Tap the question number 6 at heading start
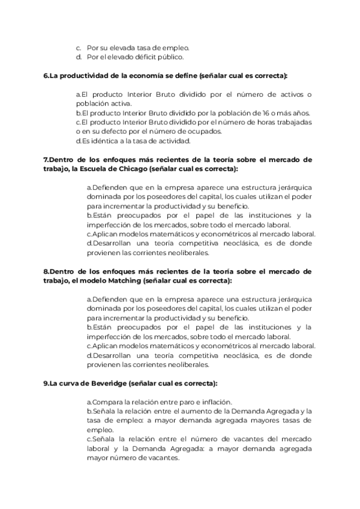point(46,76)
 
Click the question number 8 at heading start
point(46,271)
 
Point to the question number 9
point(46,383)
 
